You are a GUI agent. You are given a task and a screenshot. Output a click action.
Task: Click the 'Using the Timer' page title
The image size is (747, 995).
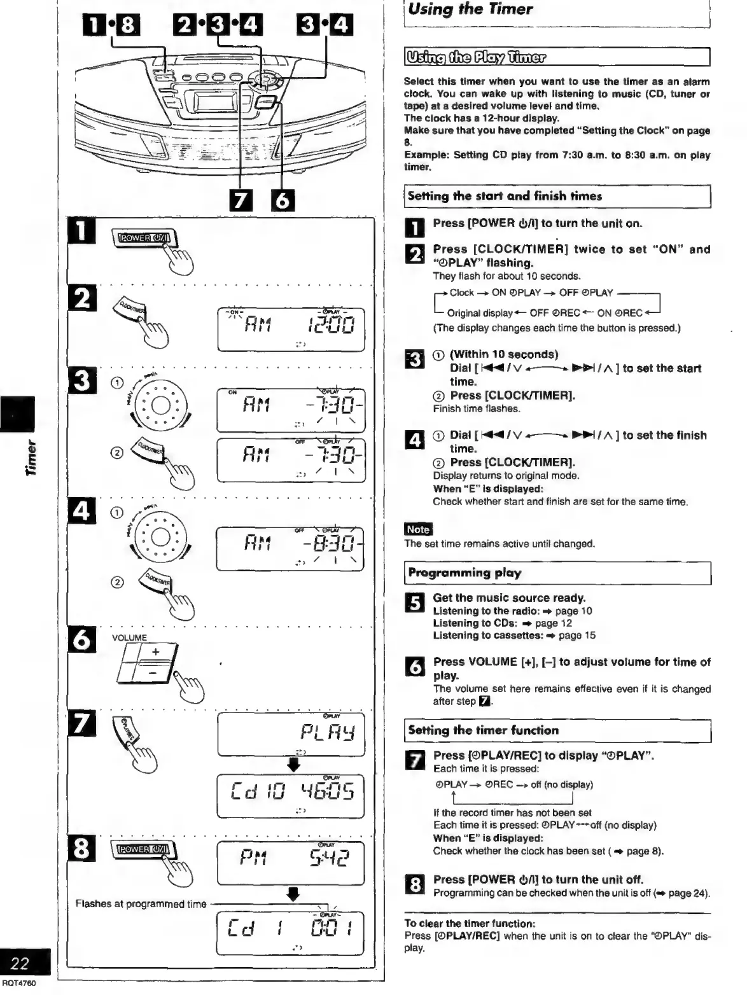coord(471,10)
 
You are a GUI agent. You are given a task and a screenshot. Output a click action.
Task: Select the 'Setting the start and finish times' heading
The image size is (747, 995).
coord(505,197)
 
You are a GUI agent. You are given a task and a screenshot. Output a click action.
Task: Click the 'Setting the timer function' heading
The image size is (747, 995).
coord(483,731)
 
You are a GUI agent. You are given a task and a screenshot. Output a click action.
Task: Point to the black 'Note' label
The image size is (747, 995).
coord(418,529)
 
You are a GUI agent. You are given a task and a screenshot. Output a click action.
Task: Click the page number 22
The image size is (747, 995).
coord(20,964)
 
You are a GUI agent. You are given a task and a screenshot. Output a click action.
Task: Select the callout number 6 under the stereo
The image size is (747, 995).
coord(282,202)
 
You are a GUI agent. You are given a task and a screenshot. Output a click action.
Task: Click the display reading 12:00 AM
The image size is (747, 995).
coord(291,329)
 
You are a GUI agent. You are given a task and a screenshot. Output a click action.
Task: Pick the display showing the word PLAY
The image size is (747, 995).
coord(291,735)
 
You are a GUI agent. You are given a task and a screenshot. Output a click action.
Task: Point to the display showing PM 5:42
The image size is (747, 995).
coord(291,863)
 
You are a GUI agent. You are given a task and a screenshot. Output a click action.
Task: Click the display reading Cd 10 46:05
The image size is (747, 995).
coord(291,795)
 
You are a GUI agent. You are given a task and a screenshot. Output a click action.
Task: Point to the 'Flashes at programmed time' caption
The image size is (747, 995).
coord(141,904)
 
